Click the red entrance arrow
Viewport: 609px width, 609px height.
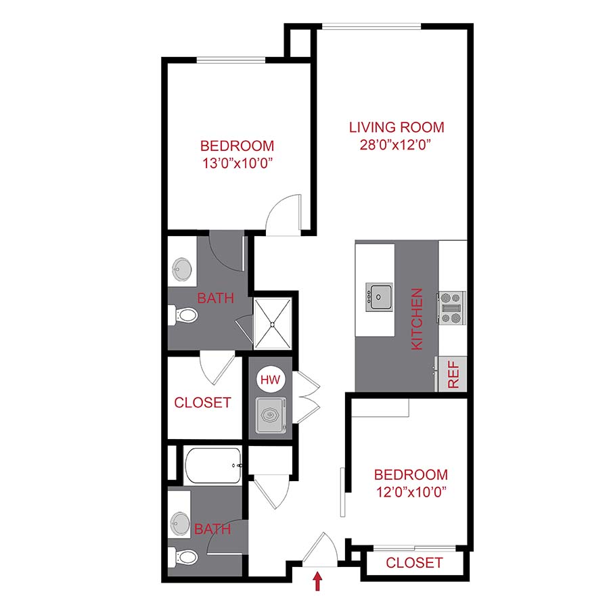point(316,579)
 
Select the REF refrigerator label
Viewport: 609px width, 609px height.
point(453,374)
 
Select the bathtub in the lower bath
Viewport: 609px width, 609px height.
point(212,466)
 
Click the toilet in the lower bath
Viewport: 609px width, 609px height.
point(185,557)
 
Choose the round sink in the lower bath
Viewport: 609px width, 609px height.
point(181,522)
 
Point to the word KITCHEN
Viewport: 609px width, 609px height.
point(418,319)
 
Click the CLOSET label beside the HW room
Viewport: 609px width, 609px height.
point(203,403)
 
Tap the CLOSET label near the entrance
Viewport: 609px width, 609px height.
point(414,562)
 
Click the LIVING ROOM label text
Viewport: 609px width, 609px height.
point(397,127)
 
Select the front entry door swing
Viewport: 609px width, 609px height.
point(319,548)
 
